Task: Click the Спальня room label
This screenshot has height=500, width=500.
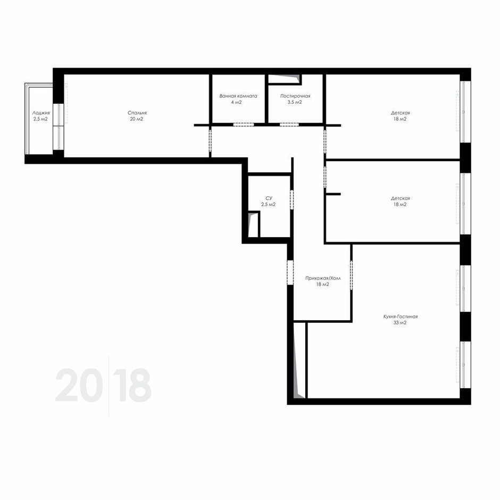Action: [137, 113]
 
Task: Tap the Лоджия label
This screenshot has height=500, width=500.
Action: [41, 113]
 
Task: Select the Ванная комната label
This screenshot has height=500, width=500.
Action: [238, 96]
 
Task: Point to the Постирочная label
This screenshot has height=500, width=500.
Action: [295, 96]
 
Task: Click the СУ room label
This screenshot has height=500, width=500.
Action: [269, 198]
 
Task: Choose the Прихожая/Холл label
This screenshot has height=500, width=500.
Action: [323, 278]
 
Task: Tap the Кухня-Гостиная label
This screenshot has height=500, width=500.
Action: [400, 316]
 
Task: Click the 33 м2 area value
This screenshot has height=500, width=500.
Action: [400, 323]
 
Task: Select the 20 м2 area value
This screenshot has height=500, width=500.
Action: [137, 119]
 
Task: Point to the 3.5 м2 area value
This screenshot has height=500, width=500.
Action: [295, 102]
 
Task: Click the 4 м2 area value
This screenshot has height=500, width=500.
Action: [236, 102]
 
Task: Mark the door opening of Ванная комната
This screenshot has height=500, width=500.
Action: [243, 124]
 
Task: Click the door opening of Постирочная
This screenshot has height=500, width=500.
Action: [289, 124]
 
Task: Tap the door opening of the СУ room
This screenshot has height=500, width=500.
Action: [291, 199]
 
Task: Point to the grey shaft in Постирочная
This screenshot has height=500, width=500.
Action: [288, 78]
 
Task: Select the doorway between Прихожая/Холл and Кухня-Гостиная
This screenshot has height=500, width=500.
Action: [352, 275]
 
